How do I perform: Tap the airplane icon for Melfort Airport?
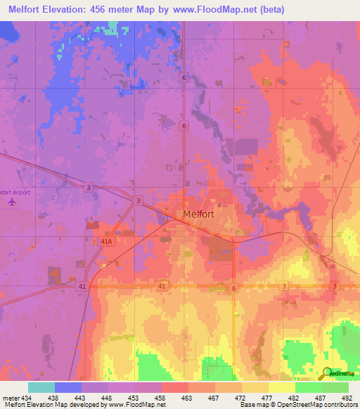click(x=12, y=202)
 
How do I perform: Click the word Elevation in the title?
click(x=75, y=8)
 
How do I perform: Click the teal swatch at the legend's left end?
click(x=41, y=387)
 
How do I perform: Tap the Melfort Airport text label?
click(x=15, y=191)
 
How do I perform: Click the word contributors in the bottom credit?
click(x=340, y=405)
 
